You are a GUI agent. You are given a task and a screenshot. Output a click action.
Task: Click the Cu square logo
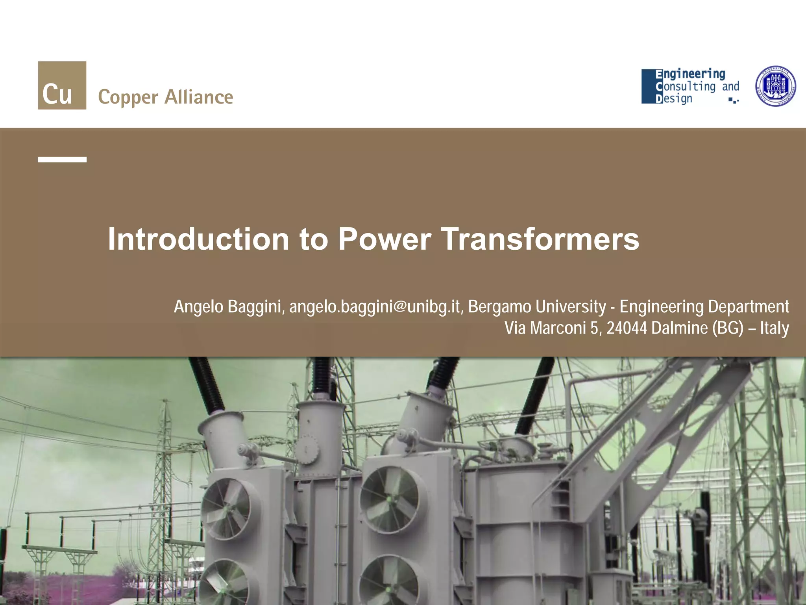[x=62, y=85]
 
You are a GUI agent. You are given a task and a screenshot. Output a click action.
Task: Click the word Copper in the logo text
[x=128, y=97]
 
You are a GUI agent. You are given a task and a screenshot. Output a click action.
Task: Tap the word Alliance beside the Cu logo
[x=199, y=97]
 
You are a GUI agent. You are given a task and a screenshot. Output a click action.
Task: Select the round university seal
[x=776, y=86]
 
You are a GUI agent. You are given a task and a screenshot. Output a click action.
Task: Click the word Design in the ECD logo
[x=674, y=98]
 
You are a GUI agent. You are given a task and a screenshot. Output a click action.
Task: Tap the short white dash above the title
[x=62, y=160]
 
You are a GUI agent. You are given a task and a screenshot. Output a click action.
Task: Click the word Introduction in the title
[x=198, y=239]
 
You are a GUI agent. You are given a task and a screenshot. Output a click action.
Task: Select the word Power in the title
[x=385, y=239]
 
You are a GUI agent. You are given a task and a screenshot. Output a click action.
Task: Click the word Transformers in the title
[x=540, y=239]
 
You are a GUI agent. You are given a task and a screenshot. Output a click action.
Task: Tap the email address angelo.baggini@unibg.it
[x=374, y=307]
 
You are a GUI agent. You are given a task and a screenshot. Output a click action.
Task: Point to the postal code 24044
[x=627, y=328]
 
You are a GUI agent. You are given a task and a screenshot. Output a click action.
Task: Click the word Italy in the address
[x=774, y=328]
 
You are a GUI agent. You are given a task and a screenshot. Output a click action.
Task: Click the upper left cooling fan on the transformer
[x=226, y=508]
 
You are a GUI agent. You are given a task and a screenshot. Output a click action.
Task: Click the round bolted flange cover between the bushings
[x=307, y=449]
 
